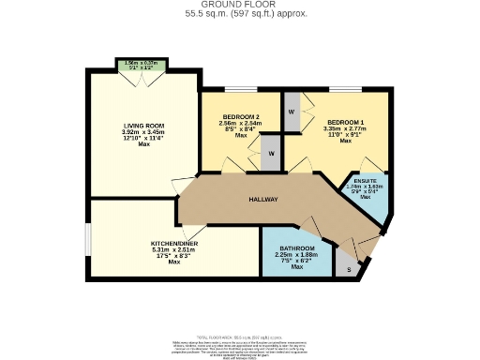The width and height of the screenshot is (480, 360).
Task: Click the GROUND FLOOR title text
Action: pyautogui.click(x=239, y=5)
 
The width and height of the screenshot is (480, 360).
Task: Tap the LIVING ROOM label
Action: pyautogui.click(x=143, y=125)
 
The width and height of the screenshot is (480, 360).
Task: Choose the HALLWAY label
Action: pyautogui.click(x=263, y=200)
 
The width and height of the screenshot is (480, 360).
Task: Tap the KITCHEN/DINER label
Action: pyautogui.click(x=173, y=243)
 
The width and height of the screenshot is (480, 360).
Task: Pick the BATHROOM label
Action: pyautogui.click(x=297, y=247)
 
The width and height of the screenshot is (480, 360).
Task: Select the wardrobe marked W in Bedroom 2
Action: pyautogui.click(x=270, y=153)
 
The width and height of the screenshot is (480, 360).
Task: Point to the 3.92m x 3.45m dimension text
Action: pyautogui.click(x=143, y=132)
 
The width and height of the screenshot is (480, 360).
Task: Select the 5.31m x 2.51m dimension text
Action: pyautogui.click(x=173, y=249)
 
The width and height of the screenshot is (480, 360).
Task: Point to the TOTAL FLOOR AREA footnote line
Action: pyautogui.click(x=239, y=337)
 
